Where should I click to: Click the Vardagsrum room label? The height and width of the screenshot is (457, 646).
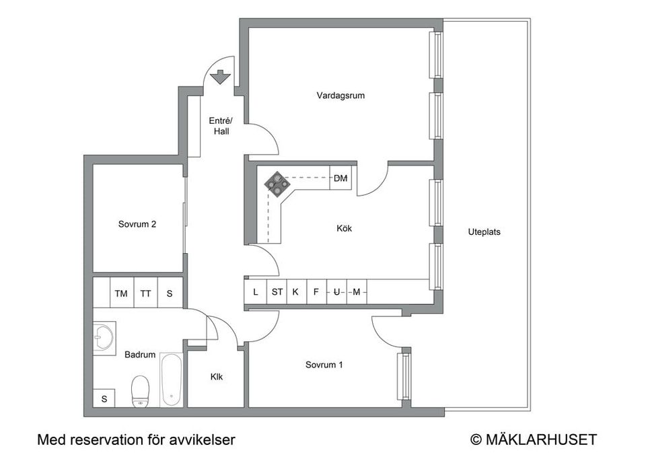[340, 96]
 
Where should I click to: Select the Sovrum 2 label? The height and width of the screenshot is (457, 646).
[137, 225]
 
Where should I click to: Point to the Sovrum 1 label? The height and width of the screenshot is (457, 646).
[324, 365]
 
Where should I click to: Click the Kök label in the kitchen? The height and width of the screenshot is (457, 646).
[344, 229]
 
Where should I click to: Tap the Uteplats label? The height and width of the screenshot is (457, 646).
[485, 232]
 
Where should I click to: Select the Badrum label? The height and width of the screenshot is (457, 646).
[140, 355]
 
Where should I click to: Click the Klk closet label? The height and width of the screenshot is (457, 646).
[217, 378]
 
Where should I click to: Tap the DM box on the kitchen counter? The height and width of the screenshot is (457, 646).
[340, 178]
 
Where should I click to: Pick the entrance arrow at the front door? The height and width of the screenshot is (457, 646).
[220, 77]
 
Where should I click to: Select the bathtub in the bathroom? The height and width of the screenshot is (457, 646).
[171, 380]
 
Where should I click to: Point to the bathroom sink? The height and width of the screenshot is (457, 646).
[104, 335]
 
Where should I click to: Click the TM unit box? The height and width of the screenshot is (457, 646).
[121, 293]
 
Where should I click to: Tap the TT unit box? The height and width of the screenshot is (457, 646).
[145, 293]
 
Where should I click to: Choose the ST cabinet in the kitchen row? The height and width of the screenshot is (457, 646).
[277, 292]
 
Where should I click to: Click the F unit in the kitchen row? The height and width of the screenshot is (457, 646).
[316, 292]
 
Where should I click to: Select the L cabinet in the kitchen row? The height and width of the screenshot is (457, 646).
[255, 292]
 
